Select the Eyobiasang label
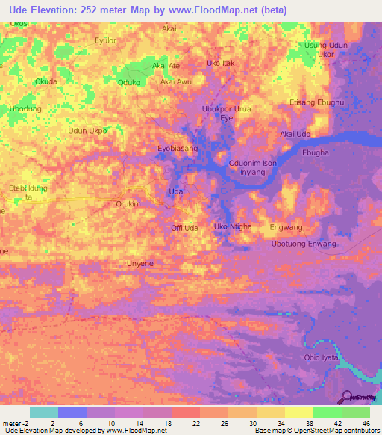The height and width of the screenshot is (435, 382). coord(178,149)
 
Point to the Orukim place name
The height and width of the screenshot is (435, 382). coord(128,203)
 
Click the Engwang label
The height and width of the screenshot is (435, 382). coord(286,226)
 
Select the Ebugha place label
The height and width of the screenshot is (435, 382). coord(316,152)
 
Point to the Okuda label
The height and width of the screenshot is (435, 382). coord(46,81)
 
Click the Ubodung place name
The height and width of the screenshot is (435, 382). coord(25,108)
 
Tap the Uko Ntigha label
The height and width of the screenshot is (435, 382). coord(232,226)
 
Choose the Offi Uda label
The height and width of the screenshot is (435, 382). coord(184,227)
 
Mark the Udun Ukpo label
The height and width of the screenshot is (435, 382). coord(88,131)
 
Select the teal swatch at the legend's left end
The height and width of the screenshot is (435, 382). coord(43,412)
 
